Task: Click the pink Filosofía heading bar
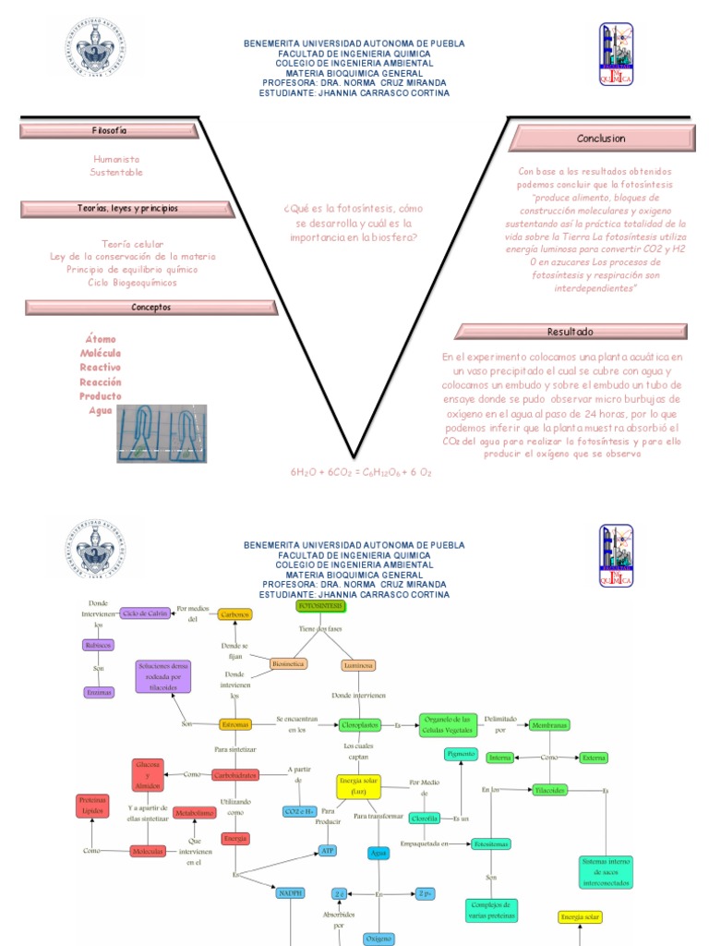[x=110, y=131]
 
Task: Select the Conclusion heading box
[x=601, y=139]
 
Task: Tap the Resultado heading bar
[x=571, y=332]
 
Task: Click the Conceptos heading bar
[x=150, y=307]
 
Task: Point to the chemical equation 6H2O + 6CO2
[x=360, y=472]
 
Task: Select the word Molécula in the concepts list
[x=101, y=354]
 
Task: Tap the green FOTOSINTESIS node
[x=321, y=606]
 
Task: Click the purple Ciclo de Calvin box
[x=147, y=613]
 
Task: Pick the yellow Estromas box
[x=235, y=725]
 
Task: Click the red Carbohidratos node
[x=234, y=774]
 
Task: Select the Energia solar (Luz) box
[x=359, y=786]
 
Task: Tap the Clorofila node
[x=424, y=818]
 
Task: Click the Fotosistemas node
[x=489, y=844]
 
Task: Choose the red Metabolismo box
[x=195, y=813]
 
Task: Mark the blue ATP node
[x=327, y=850]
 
